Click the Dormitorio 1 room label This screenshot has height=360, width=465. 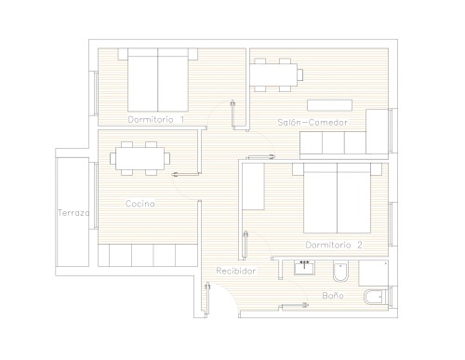[156, 119]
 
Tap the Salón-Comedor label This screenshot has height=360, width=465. [312, 122]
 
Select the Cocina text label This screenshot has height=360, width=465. [140, 204]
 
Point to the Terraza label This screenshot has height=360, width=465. [73, 213]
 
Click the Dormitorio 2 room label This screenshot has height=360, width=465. [334, 245]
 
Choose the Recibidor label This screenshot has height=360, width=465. [236, 271]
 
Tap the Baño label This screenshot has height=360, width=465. [333, 295]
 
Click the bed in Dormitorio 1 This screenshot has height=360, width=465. [158, 80]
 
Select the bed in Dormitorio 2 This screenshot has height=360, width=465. [337, 198]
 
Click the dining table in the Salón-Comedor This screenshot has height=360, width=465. [273, 74]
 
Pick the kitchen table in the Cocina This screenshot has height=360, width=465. [139, 158]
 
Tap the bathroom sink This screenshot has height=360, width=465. [304, 268]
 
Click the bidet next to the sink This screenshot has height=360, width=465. [340, 272]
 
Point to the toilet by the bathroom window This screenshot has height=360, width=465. [376, 297]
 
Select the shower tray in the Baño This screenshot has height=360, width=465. [373, 273]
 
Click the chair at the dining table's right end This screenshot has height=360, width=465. [300, 74]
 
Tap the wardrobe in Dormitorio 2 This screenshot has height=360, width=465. [253, 186]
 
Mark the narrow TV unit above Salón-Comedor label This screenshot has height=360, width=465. [329, 105]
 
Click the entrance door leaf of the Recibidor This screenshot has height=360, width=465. [207, 300]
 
